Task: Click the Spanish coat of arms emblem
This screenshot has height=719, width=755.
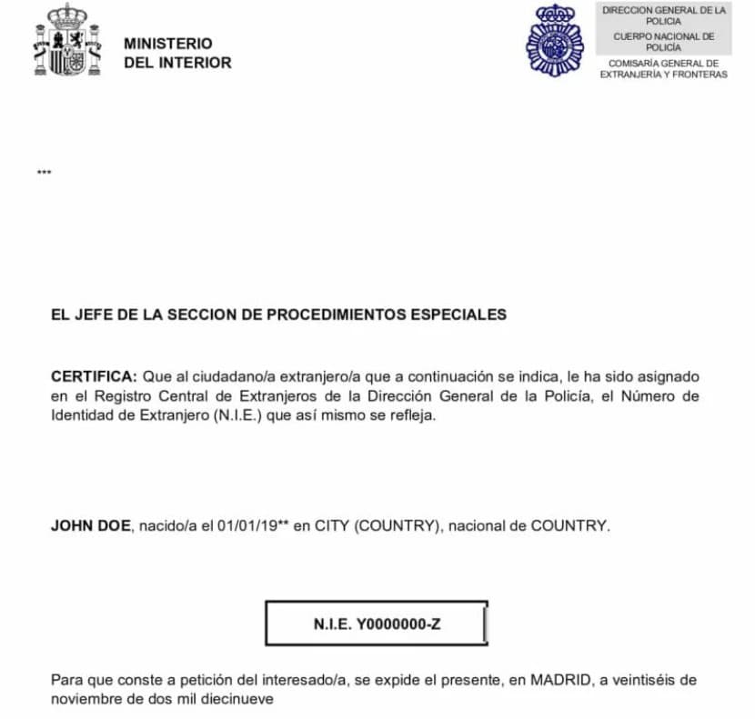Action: point(65,41)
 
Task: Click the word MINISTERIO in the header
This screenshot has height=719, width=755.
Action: point(167,44)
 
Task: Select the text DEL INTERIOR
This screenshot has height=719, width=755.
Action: point(177,63)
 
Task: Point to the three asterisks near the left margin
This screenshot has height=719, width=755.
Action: point(44,173)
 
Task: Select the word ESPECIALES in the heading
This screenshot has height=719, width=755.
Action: point(459,315)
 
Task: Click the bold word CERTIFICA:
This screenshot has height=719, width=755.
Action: point(94,375)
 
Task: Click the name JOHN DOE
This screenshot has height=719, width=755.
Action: point(91,525)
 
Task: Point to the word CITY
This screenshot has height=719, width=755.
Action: point(333,525)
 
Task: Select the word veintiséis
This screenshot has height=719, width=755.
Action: point(649,680)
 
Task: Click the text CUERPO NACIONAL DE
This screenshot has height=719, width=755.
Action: point(664,36)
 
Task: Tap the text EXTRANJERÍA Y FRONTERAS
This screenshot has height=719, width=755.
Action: point(664,75)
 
